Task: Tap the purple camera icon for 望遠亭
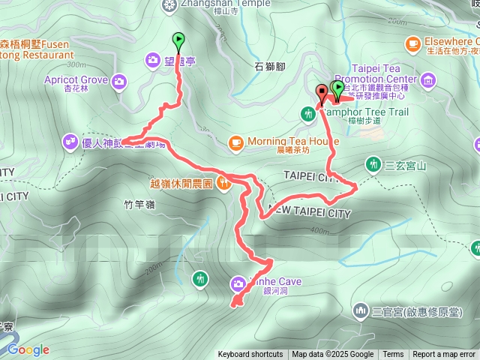[153, 58]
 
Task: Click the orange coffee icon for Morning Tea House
[235, 142]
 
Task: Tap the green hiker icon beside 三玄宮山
[373, 163]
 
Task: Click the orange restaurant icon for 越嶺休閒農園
[223, 182]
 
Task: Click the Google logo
[28, 349]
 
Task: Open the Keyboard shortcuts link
[250, 355]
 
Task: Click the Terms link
[393, 355]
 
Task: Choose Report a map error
[445, 355]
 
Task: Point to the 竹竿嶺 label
[139, 203]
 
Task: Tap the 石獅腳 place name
[269, 66]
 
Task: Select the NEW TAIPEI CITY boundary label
[310, 213]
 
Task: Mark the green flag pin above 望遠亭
[178, 39]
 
